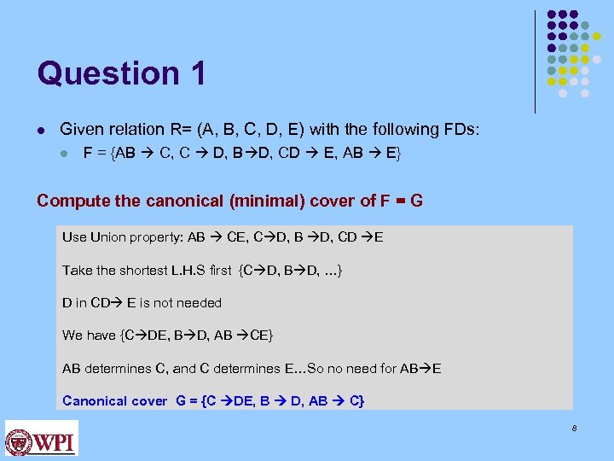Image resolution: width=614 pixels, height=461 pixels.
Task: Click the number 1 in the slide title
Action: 198,73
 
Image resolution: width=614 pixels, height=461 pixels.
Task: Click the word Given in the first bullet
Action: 81,130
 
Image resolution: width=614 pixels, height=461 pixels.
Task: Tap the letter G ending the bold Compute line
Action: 416,201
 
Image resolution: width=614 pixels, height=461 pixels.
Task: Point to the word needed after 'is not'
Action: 198,302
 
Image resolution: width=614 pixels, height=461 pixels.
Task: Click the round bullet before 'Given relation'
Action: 41,130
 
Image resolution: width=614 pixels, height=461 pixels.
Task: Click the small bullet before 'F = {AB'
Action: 64,155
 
